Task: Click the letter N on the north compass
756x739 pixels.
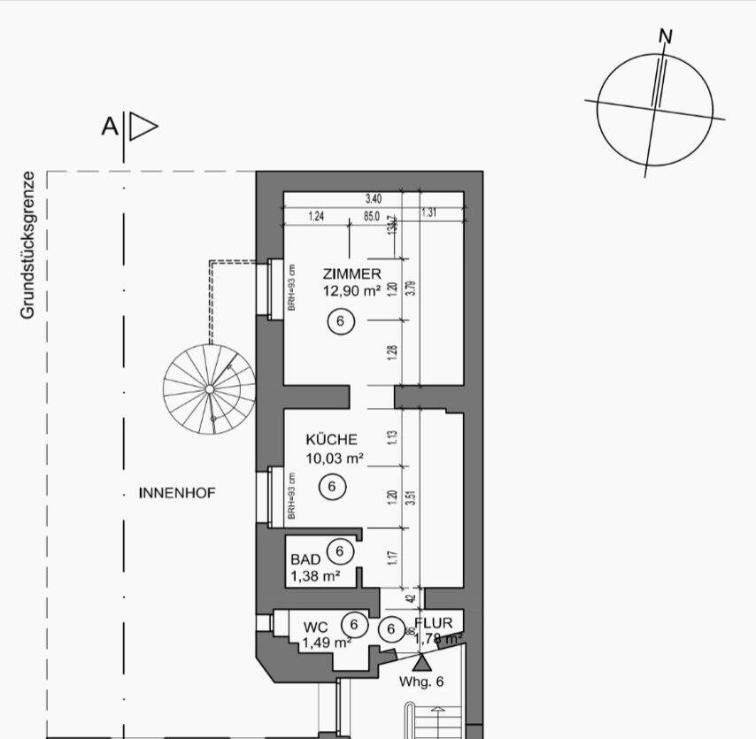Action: click(666, 36)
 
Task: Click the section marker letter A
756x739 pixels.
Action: click(109, 127)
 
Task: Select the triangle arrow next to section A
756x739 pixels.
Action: click(142, 127)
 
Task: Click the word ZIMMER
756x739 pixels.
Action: click(352, 274)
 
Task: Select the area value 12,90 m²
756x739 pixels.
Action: click(351, 289)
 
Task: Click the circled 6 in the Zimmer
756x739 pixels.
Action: click(340, 321)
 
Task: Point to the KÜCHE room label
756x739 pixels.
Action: click(331, 439)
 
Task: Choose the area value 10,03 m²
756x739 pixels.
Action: click(336, 458)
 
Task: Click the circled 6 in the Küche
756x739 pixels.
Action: click(331, 486)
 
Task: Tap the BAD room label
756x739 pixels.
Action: click(305, 559)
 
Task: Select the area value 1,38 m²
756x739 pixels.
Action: click(316, 576)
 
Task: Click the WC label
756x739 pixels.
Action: click(316, 627)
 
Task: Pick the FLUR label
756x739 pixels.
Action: click(433, 623)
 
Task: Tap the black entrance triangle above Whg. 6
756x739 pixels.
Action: click(422, 661)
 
